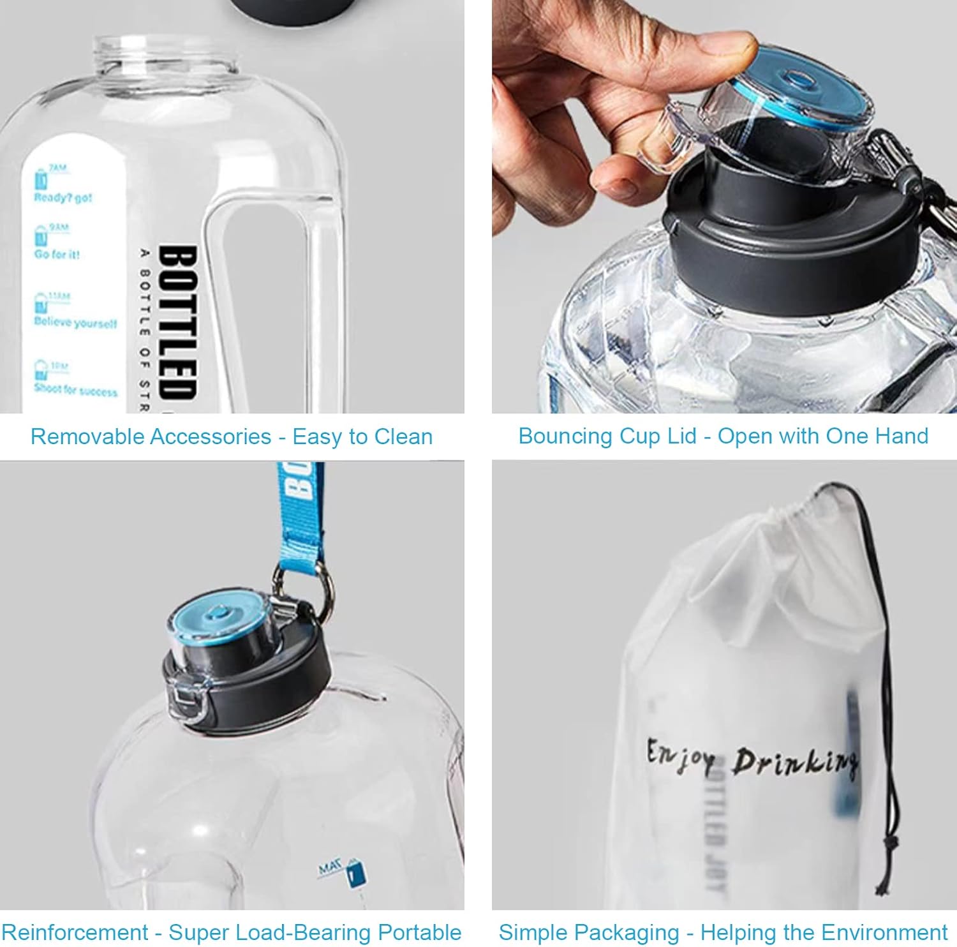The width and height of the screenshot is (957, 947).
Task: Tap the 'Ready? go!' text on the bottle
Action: [63, 198]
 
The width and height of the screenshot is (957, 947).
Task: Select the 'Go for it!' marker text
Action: [57, 255]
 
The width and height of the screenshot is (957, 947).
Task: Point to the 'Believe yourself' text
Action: [75, 323]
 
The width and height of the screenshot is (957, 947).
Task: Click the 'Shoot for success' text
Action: [75, 390]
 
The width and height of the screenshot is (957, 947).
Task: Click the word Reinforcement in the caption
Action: [75, 932]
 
